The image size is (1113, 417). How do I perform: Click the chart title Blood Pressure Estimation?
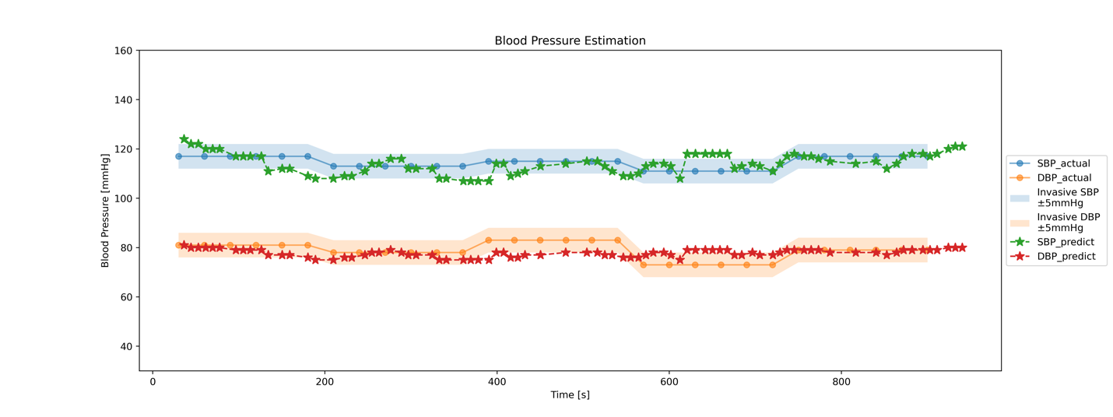click(570, 40)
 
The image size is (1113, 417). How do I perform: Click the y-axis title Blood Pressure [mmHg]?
click(105, 210)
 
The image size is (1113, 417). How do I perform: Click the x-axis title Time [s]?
click(570, 394)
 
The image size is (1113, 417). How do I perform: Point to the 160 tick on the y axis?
click(124, 51)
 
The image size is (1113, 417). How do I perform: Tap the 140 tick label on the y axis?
click(124, 100)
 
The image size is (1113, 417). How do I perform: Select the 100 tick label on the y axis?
click(124, 198)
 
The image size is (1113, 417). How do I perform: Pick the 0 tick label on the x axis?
click(153, 381)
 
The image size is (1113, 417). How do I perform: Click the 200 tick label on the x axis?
click(325, 381)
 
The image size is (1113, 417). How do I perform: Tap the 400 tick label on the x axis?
click(497, 381)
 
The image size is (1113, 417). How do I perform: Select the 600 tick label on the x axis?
click(669, 381)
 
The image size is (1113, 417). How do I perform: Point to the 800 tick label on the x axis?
click(841, 381)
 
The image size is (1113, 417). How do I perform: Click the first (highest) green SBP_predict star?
click(184, 139)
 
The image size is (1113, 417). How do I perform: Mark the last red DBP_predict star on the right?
click(962, 247)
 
